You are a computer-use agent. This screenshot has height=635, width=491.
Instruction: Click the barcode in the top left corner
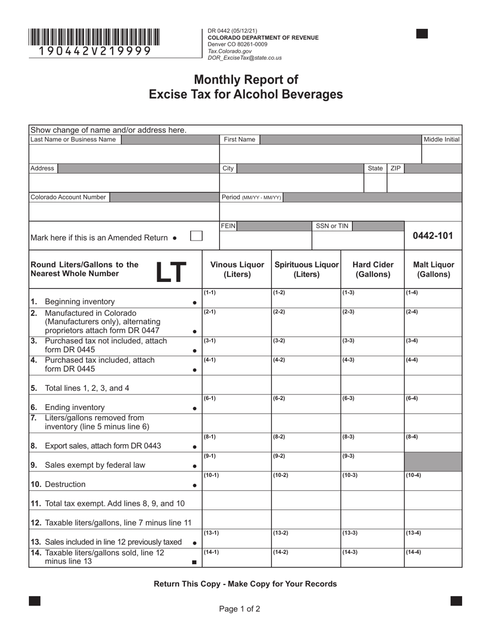(x=94, y=37)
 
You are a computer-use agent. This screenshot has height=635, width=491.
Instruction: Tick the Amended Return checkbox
(x=196, y=236)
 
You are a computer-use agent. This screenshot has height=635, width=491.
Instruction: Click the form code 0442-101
(x=433, y=236)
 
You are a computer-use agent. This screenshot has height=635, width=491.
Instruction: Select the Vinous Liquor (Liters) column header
(x=237, y=269)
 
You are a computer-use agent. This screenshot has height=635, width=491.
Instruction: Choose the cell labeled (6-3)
(x=372, y=404)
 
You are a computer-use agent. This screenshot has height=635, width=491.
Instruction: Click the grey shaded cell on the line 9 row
(x=433, y=462)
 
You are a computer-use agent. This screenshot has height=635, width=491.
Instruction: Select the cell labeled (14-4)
(x=433, y=558)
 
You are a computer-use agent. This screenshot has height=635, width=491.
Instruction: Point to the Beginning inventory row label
(x=80, y=301)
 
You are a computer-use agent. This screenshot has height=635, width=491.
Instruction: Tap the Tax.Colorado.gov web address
(x=229, y=52)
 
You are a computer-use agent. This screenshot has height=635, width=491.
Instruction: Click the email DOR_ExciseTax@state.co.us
(x=244, y=58)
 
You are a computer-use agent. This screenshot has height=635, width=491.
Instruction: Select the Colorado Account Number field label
(x=68, y=197)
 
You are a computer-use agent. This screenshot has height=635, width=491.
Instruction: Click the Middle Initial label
(x=441, y=139)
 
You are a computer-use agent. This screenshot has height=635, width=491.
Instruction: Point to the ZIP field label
(x=395, y=168)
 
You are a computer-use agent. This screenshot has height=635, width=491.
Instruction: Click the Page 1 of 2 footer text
(x=239, y=609)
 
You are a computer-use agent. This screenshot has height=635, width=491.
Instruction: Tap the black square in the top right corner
(x=422, y=34)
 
